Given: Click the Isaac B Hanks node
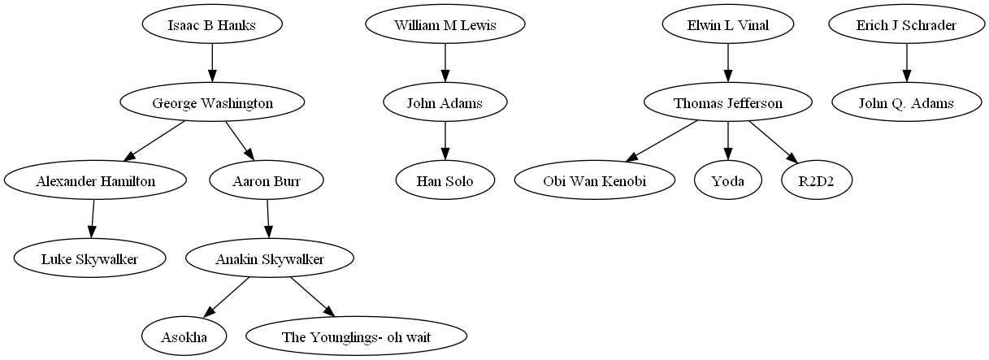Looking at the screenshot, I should point(212,25).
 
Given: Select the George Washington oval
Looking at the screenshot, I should point(212,103).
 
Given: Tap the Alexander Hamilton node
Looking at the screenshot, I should point(95,181).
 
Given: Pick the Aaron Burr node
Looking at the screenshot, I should point(267,181).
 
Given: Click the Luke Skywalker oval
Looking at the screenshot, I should point(89,259).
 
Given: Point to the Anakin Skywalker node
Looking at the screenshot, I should point(270,259).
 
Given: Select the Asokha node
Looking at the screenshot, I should point(184,337).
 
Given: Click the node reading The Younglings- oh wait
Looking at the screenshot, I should point(356,337).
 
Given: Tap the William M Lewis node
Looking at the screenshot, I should point(445,25).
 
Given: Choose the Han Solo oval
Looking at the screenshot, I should point(445,181).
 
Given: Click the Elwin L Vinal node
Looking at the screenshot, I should point(727,25).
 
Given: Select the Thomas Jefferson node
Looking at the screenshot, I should point(727,103).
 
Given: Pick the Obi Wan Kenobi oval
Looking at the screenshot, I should point(594,181).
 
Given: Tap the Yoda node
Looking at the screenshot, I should point(727,181).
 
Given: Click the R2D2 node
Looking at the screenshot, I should point(817,181).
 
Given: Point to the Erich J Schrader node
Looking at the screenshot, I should point(906,25).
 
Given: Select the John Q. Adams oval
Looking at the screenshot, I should point(906,103).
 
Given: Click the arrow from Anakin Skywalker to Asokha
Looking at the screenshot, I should point(227,298).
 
